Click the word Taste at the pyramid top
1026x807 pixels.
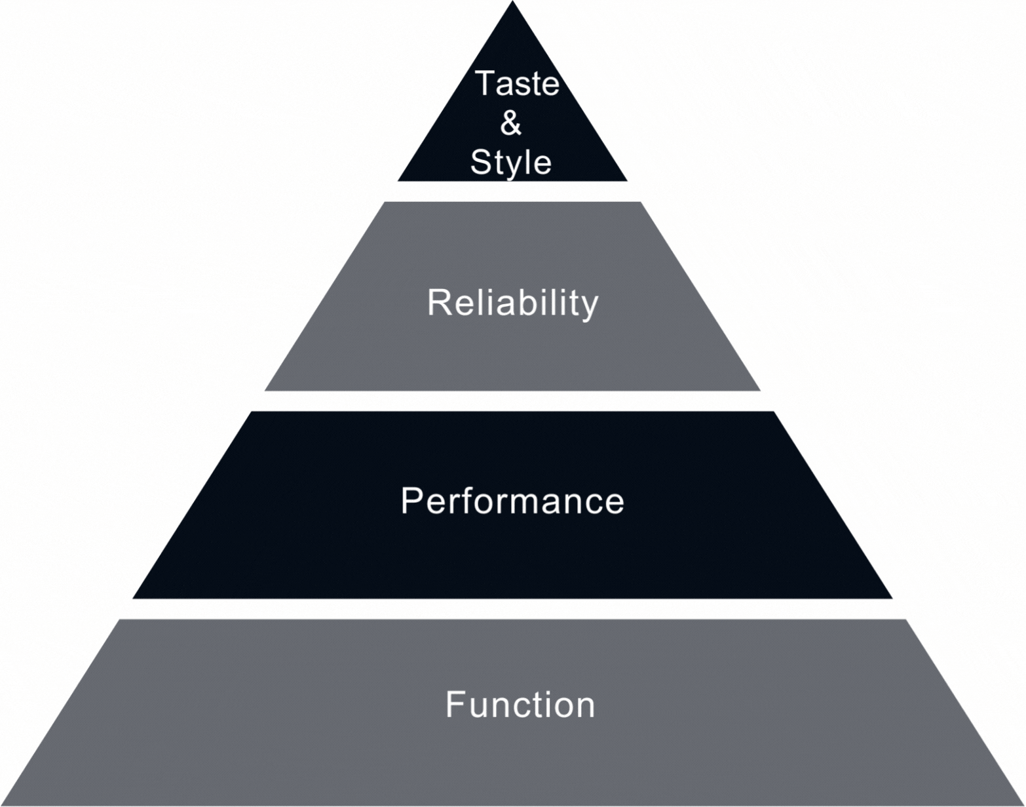[x=516, y=83]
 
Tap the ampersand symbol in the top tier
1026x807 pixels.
[x=510, y=123]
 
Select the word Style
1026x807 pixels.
[x=511, y=162]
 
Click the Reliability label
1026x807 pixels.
[x=512, y=303]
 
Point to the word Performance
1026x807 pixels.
[x=512, y=501]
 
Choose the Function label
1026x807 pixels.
[x=520, y=705]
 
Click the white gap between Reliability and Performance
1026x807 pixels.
[x=512, y=401]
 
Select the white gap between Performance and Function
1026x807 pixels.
[x=512, y=609]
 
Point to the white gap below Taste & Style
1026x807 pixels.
[x=512, y=191]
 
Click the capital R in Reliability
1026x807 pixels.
[x=438, y=302]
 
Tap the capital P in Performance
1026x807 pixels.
[x=410, y=501]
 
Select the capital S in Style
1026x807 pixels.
[x=481, y=162]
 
